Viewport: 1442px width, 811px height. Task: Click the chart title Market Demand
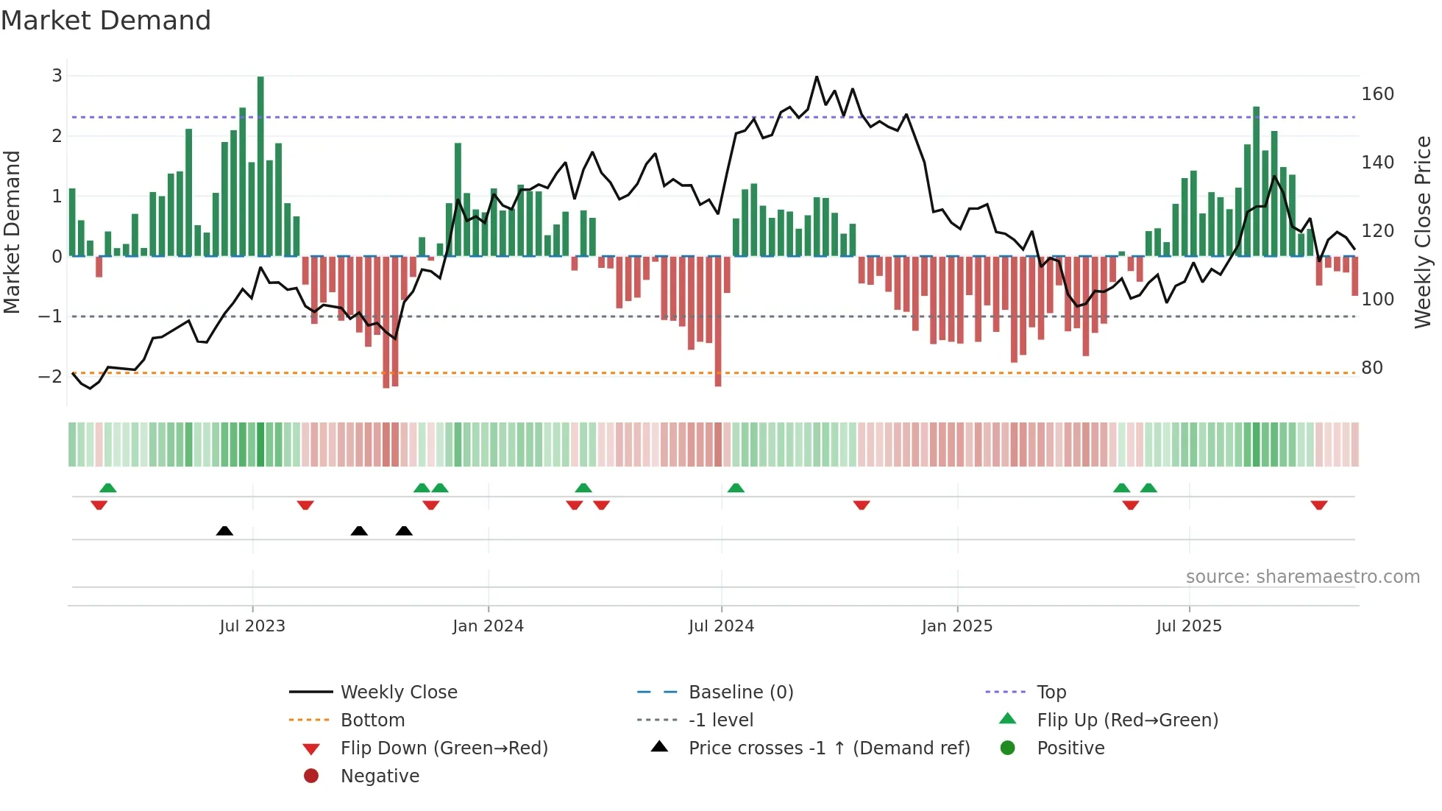click(106, 21)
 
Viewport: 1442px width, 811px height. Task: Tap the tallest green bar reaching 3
click(260, 166)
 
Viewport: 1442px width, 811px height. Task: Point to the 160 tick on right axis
click(1377, 94)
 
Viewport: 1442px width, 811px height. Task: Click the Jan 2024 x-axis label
click(488, 626)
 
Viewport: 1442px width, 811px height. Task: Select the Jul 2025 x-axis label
click(1188, 626)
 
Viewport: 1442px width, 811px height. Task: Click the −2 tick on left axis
click(51, 376)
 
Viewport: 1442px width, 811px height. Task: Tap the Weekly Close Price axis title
click(1423, 232)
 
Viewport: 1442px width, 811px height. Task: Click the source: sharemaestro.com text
click(1302, 577)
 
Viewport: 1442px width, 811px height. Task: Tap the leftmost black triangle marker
click(224, 531)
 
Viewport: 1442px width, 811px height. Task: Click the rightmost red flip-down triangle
click(1318, 505)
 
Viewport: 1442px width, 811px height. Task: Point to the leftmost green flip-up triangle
click(108, 487)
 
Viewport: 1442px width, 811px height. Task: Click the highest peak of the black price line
click(817, 77)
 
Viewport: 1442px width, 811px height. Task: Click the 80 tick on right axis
click(1371, 368)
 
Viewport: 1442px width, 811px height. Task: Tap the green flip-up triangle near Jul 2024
click(736, 487)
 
